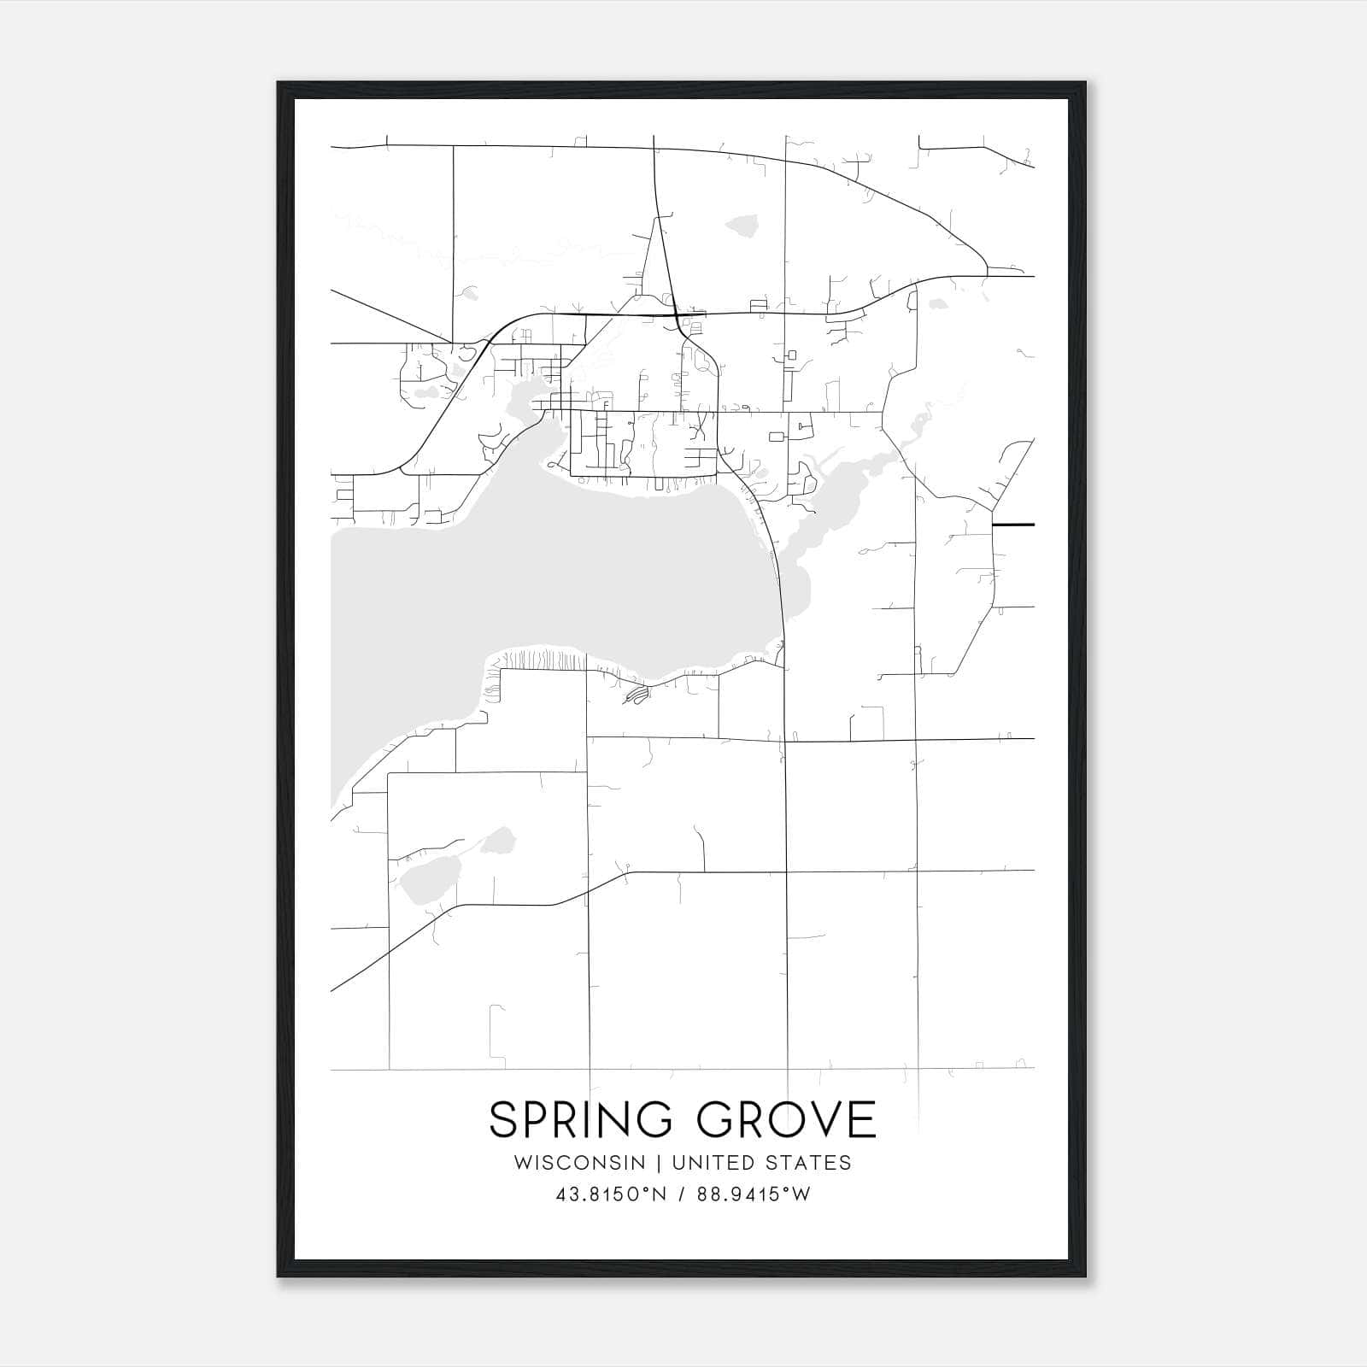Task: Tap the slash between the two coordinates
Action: (680, 1195)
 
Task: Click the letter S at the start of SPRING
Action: (502, 1119)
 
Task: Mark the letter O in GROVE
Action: (788, 1119)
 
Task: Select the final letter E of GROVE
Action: (865, 1119)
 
